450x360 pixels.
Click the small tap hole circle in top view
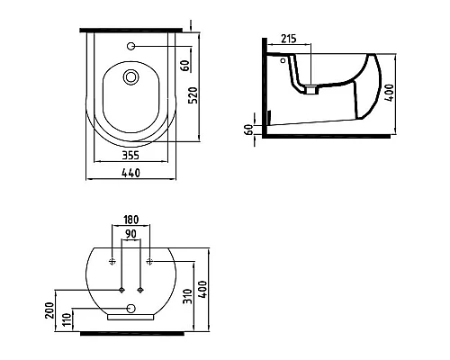point(132,45)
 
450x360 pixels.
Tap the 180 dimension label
point(131,220)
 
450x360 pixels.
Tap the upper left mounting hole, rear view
point(112,262)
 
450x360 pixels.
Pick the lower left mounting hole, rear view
point(121,290)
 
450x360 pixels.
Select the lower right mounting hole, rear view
point(141,290)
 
